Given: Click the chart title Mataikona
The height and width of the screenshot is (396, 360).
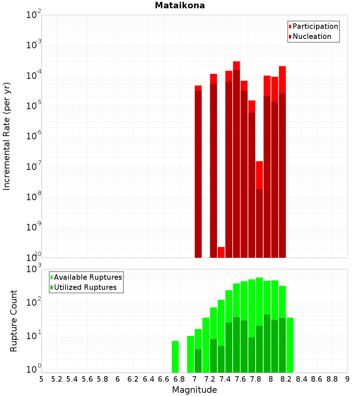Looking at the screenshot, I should [180, 6].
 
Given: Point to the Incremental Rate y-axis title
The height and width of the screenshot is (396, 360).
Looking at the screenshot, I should [7, 136].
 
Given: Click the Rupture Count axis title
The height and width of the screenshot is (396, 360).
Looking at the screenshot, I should [14, 321].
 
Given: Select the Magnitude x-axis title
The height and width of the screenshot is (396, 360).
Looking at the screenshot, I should [194, 390].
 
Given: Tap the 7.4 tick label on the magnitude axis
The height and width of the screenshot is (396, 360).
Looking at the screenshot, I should [225, 379].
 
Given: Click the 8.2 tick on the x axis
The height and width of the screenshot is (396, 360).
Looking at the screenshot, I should [286, 379].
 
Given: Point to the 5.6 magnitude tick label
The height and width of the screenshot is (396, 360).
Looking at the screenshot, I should [87, 379].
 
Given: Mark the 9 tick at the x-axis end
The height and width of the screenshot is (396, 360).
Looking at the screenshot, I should [347, 379].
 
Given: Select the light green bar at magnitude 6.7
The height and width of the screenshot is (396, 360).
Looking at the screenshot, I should [175, 357].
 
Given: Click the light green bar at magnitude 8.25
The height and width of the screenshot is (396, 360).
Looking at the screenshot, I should [290, 345].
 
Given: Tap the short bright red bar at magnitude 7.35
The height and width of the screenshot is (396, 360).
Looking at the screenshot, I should [221, 252].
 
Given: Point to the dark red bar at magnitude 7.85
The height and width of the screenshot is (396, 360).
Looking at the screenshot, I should [260, 223].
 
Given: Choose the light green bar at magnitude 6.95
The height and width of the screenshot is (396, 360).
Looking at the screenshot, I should [190, 354].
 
